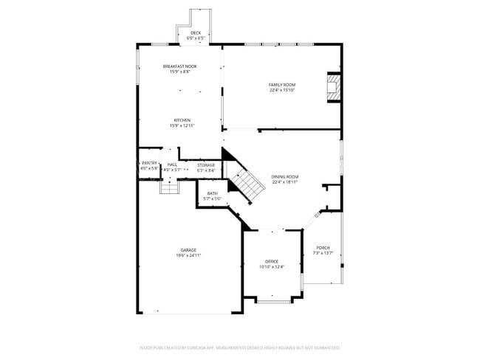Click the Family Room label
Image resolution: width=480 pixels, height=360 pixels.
pos(281,85)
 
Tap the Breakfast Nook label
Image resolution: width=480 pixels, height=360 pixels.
pos(179,66)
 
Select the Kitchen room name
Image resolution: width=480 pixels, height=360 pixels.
pos(182,120)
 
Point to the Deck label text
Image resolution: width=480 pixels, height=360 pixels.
pos(196,32)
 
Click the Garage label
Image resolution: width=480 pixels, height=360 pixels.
pos(188,250)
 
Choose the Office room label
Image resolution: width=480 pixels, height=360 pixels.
pos(272,261)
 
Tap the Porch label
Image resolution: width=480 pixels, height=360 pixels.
pos(323,247)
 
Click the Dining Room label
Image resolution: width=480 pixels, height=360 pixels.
pos(285,176)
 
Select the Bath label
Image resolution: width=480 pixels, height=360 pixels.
pos(212,193)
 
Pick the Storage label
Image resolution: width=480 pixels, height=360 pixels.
pos(206,165)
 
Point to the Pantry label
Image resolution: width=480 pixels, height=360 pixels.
pos(149,163)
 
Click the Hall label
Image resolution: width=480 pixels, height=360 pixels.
pos(172,165)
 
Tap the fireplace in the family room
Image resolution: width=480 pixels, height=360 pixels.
pos(335,86)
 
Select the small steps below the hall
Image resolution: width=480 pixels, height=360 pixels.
pos(170,188)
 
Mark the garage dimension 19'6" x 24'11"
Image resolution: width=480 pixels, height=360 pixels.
pos(188,255)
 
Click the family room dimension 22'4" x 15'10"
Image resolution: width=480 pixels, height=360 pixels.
pos(281,91)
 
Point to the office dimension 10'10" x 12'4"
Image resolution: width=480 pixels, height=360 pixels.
pos(272,267)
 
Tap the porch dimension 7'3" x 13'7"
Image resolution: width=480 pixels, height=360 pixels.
pos(323,253)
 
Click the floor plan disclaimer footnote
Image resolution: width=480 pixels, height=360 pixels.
pos(239,347)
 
